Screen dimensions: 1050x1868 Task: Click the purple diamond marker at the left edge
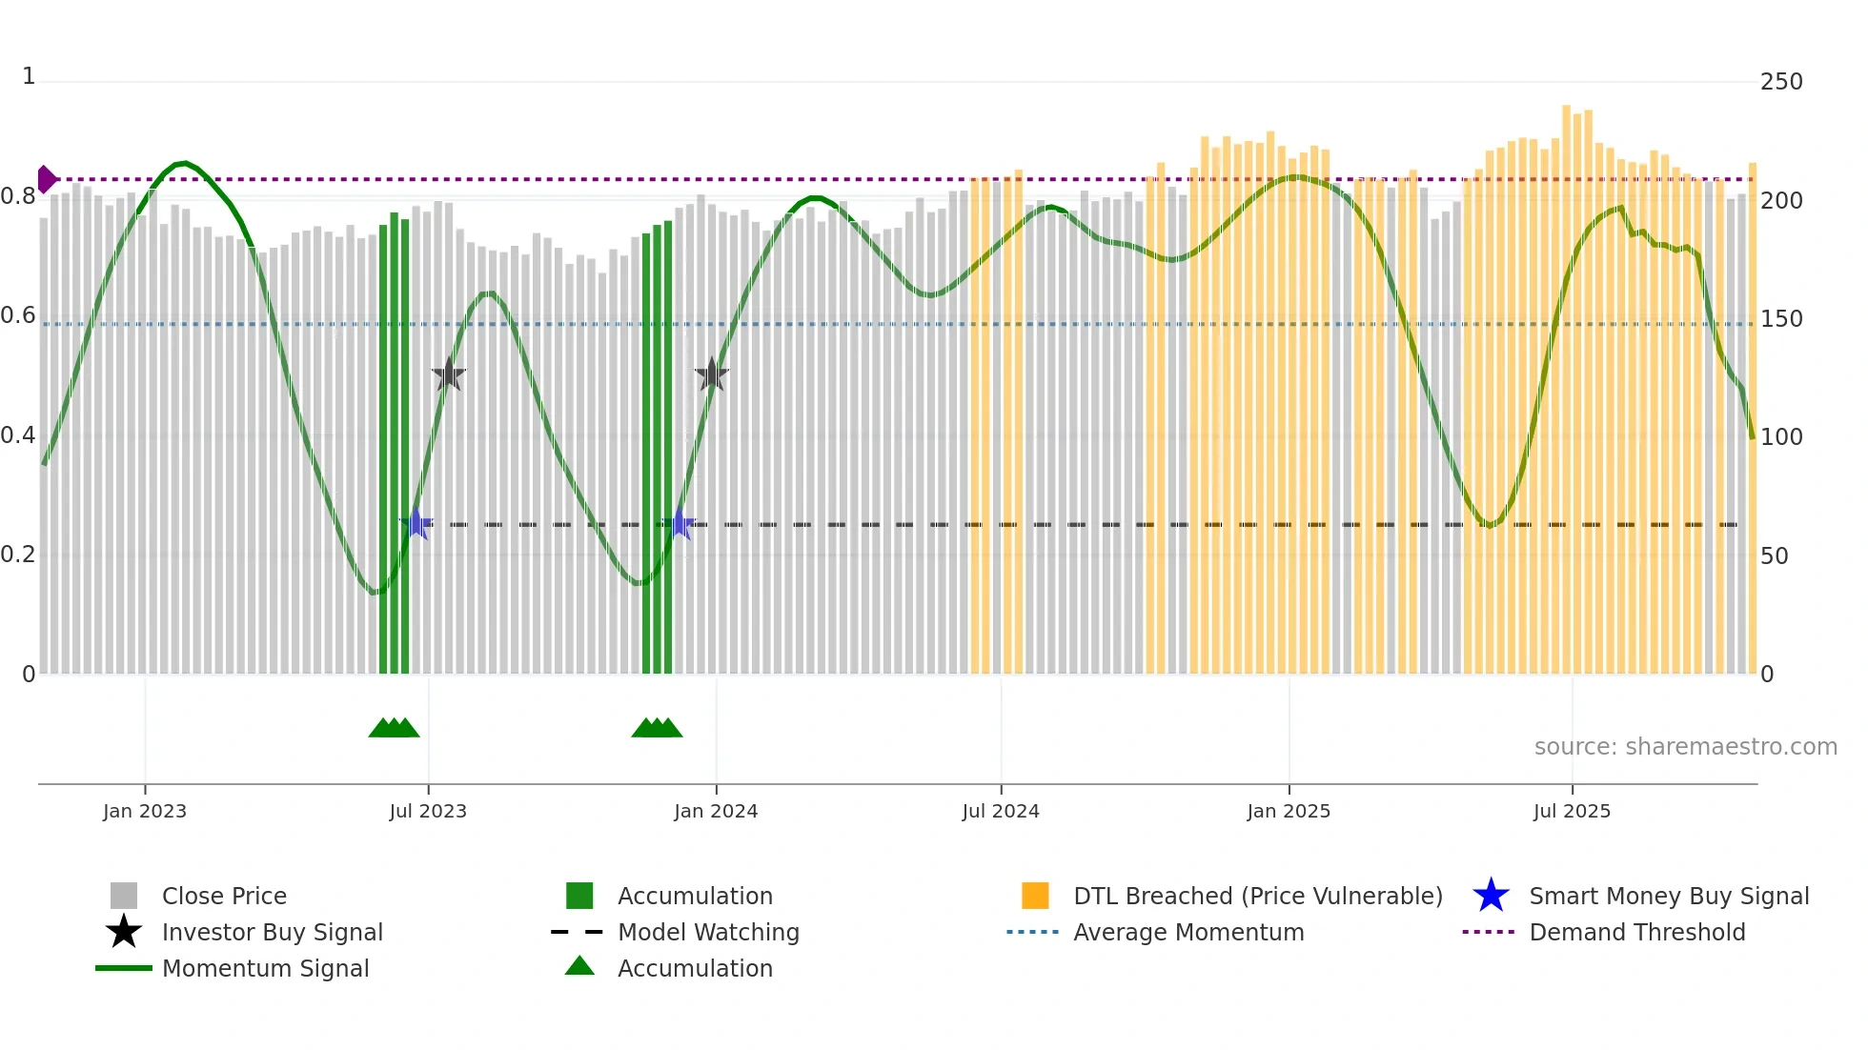point(46,179)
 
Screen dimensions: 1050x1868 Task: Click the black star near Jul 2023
point(449,374)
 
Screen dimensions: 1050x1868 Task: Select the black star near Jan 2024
point(712,374)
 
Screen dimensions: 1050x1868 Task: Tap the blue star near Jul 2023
point(416,523)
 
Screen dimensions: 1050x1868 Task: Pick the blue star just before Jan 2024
point(680,523)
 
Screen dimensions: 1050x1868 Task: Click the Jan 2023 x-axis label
point(145,811)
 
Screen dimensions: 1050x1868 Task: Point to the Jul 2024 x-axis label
point(1001,811)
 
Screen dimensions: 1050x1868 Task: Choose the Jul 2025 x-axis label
point(1572,811)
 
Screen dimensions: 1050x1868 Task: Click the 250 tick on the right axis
point(1781,82)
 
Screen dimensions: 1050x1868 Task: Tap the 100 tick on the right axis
point(1781,437)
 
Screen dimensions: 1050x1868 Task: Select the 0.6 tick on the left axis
point(18,315)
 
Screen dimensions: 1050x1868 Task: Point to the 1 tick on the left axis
point(29,76)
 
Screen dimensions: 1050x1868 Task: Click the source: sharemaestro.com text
point(1685,746)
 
